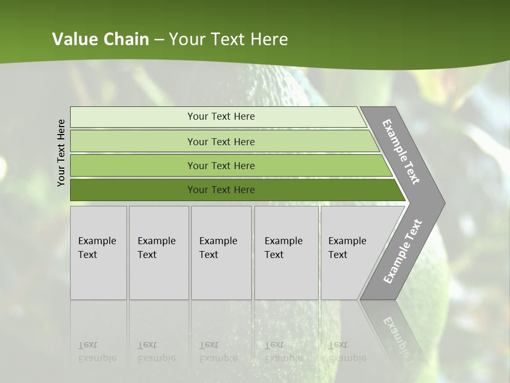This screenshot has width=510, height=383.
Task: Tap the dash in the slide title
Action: point(159,40)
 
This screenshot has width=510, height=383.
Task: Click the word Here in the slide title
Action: point(269,39)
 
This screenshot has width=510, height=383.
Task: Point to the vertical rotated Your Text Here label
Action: point(61,153)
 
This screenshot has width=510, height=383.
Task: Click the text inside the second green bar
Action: point(221,141)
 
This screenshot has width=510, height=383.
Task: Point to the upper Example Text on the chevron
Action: point(401,152)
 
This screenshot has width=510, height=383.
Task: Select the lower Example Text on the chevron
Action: point(402,252)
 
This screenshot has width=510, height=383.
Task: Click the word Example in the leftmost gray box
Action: point(97,241)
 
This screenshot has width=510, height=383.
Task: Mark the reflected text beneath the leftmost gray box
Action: point(97,352)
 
